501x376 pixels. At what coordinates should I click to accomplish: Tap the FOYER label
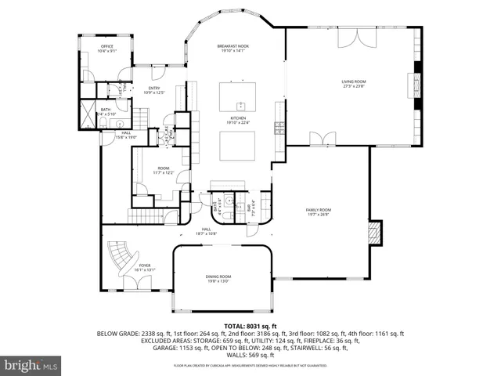click(145, 267)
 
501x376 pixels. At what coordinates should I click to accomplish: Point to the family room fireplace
click(376, 233)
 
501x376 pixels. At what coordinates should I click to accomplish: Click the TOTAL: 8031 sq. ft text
click(250, 326)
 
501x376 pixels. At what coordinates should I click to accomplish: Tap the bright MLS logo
click(31, 365)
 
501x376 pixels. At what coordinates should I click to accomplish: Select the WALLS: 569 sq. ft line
click(250, 355)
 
